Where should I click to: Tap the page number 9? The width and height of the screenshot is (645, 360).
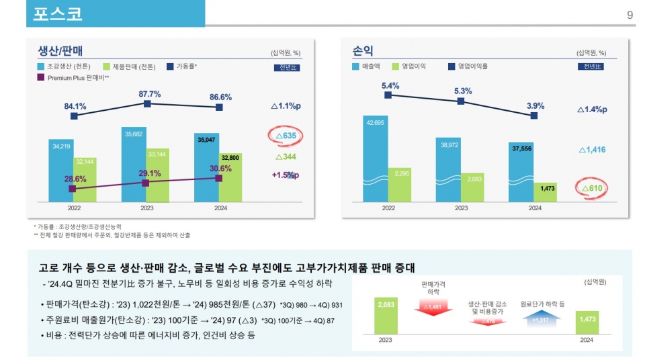(x=630, y=15)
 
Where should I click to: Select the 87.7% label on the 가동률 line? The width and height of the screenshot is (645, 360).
(x=149, y=94)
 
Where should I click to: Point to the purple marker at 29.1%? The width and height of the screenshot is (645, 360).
(x=146, y=182)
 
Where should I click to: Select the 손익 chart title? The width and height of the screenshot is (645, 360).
(x=363, y=50)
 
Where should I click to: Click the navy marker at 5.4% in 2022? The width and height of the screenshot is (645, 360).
(x=388, y=95)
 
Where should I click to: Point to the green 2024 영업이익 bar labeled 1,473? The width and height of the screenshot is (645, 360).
(x=546, y=191)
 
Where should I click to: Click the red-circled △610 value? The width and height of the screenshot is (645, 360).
(x=591, y=189)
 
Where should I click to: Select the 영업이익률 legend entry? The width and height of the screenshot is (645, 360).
(x=472, y=66)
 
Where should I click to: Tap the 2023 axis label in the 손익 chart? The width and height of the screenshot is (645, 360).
(x=461, y=208)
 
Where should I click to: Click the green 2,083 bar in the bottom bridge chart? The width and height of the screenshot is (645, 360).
(x=385, y=315)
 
